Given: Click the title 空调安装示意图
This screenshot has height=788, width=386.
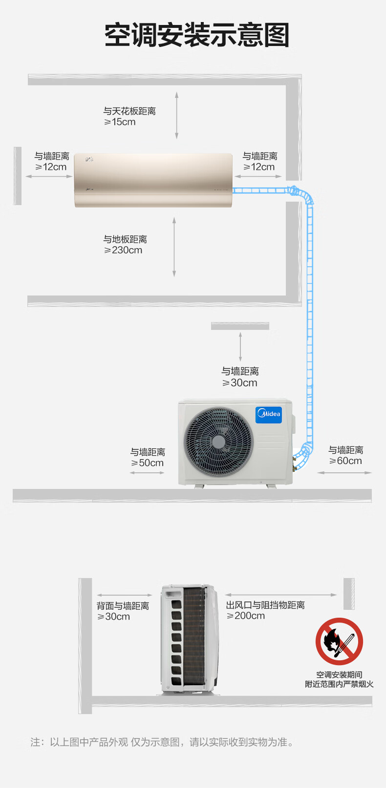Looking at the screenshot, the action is pyautogui.click(x=197, y=35).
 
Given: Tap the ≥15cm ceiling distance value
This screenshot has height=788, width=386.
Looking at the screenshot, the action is pyautogui.click(x=120, y=122).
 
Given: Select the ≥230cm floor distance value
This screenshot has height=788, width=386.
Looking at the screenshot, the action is pyautogui.click(x=123, y=250).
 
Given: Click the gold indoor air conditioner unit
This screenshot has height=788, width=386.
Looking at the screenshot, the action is pyautogui.click(x=153, y=180).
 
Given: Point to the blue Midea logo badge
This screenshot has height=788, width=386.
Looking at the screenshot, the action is pyautogui.click(x=269, y=415).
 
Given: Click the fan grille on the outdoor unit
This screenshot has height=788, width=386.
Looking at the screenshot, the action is pyautogui.click(x=218, y=442).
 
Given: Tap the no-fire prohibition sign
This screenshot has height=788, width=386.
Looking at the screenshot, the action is pyautogui.click(x=339, y=641).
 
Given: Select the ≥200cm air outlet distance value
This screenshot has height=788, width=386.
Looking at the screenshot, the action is pyautogui.click(x=246, y=616).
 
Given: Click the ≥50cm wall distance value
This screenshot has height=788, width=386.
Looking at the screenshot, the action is pyautogui.click(x=148, y=463).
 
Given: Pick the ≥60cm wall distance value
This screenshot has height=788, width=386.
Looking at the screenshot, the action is pyautogui.click(x=345, y=461).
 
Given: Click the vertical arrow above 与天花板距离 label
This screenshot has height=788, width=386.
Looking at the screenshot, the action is pyautogui.click(x=177, y=116).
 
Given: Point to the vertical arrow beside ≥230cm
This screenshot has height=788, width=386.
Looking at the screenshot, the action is pyautogui.click(x=174, y=247).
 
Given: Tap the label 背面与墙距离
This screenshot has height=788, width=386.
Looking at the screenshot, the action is pyautogui.click(x=123, y=606).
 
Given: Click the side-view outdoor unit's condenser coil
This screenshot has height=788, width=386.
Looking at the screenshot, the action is pyautogui.click(x=194, y=636).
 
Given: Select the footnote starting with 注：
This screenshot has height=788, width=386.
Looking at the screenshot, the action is pyautogui.click(x=162, y=742).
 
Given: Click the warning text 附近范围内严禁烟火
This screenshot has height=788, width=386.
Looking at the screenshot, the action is pyautogui.click(x=339, y=684).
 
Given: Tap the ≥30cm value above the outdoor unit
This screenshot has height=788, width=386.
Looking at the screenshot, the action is pyautogui.click(x=240, y=383).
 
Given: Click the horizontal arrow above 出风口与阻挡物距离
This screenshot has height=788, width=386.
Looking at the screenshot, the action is pyautogui.click(x=281, y=595).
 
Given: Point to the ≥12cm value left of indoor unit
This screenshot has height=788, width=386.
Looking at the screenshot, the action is pyautogui.click(x=51, y=167).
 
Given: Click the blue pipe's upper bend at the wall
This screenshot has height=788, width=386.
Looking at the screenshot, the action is pyautogui.click(x=301, y=194).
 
